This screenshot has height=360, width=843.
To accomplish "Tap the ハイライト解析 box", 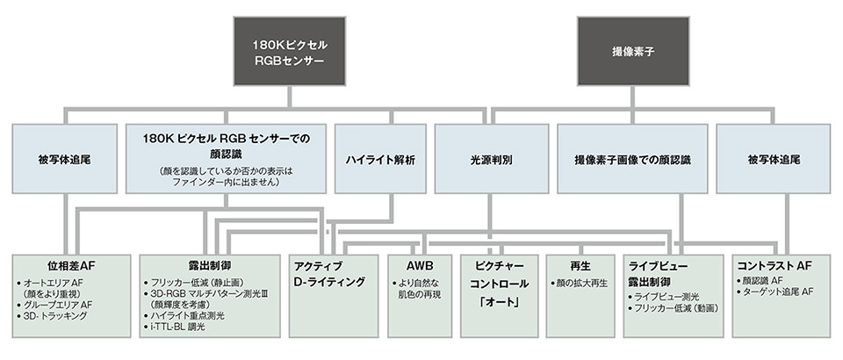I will (x=381, y=160).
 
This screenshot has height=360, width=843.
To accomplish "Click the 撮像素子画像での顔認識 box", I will (x=632, y=160).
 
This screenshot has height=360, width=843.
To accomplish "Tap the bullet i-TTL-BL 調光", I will (x=178, y=327).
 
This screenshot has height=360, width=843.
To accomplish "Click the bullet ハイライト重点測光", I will (x=190, y=314).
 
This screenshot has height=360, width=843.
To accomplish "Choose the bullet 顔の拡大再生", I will (x=581, y=283).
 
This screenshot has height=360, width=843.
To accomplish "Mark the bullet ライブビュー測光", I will (x=666, y=297).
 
